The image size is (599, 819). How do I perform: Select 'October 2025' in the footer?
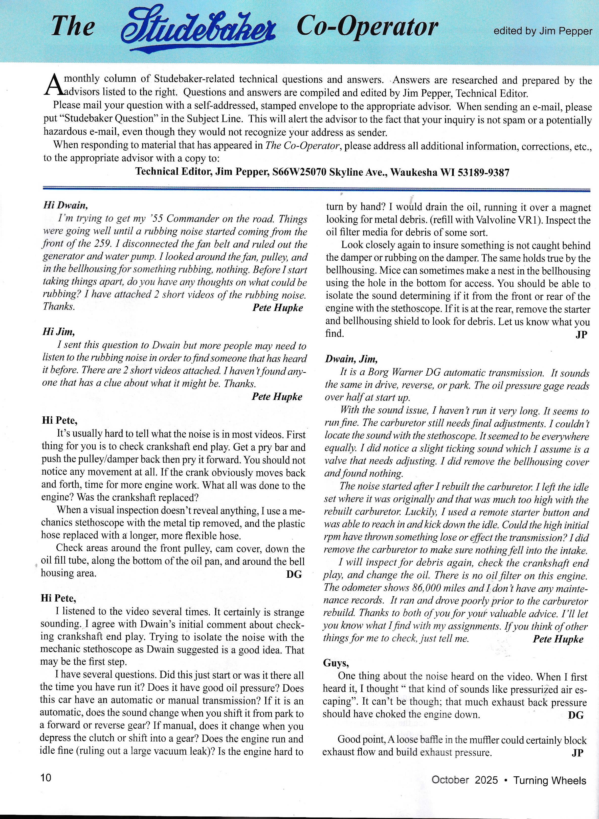click(x=464, y=780)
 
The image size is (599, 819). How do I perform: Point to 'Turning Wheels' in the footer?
click(x=549, y=780)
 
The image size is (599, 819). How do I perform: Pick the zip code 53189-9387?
click(x=483, y=173)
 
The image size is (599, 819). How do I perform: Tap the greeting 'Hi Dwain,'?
click(x=65, y=205)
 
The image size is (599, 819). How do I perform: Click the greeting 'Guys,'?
click(x=336, y=663)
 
